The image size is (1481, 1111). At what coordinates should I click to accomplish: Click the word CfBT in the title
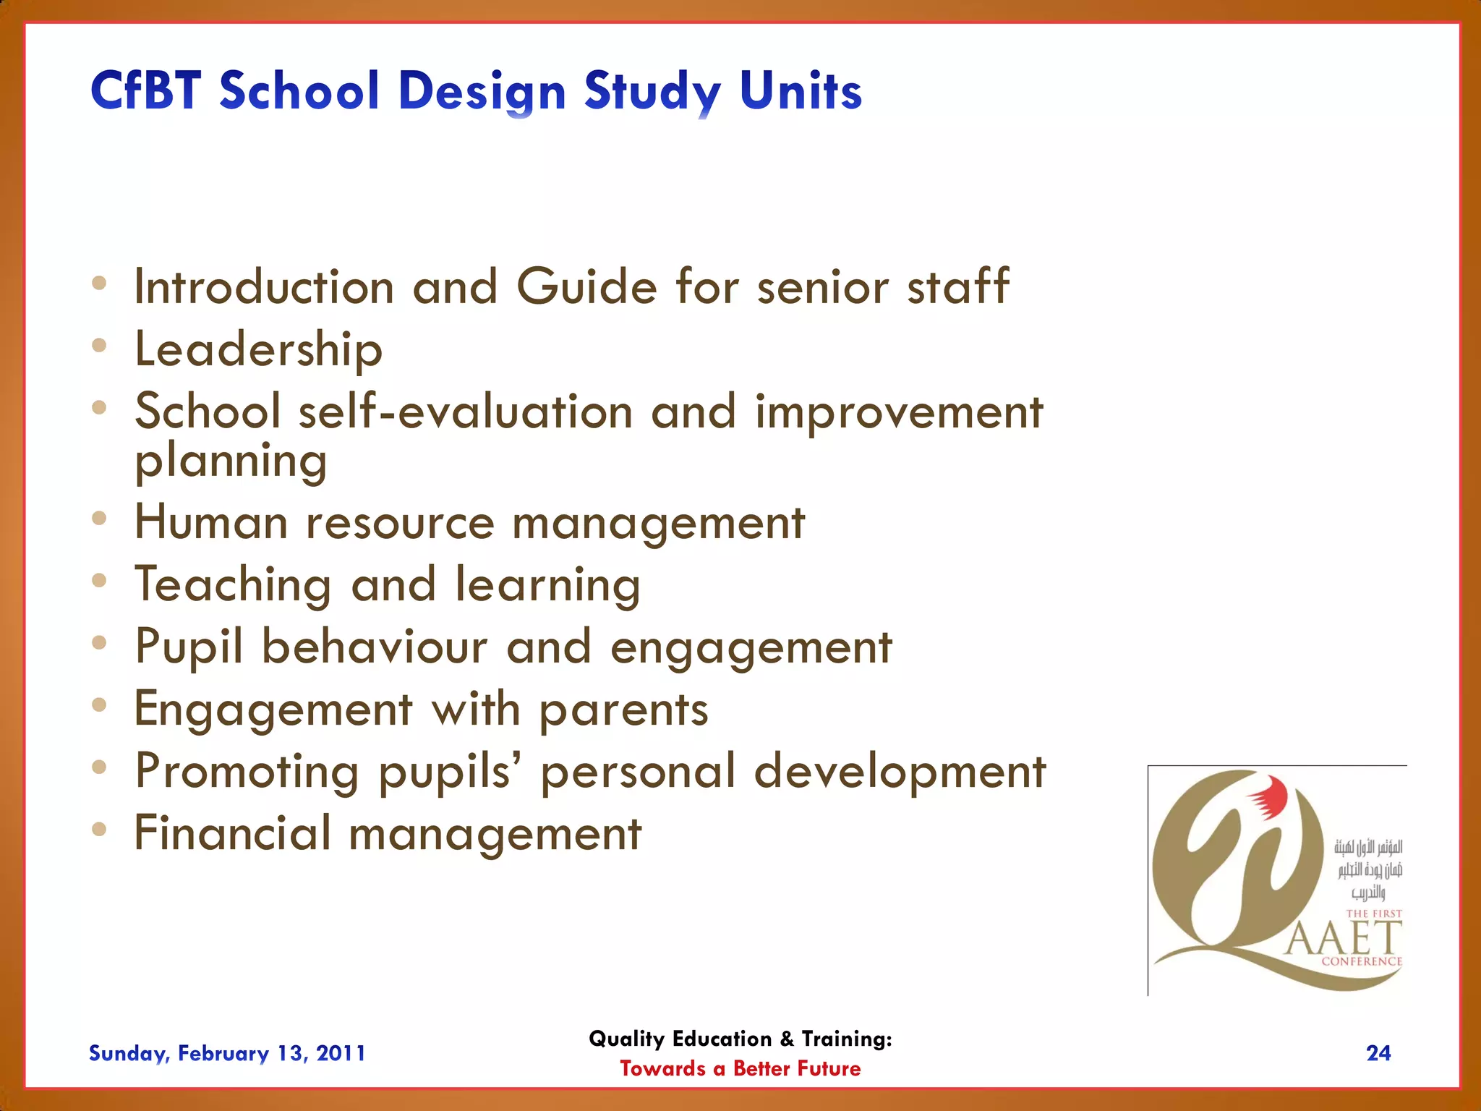pos(145,91)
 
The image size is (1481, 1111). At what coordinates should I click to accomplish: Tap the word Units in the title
pos(801,91)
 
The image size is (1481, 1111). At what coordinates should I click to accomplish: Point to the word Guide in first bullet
pos(586,287)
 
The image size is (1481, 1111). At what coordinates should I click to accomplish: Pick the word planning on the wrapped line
pos(231,461)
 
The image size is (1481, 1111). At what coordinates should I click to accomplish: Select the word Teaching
pos(233,585)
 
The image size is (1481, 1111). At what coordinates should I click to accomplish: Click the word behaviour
pos(375,647)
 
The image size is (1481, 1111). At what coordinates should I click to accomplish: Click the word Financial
pos(232,833)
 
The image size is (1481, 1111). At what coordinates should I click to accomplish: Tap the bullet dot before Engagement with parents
pos(100,705)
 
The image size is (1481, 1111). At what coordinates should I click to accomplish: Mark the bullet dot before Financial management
pos(100,829)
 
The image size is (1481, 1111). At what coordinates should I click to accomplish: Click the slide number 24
pos(1378,1053)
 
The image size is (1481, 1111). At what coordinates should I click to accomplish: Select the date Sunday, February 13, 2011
pos(227,1053)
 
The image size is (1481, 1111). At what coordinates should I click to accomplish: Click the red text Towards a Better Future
pos(740,1069)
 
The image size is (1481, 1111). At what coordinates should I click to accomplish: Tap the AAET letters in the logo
pos(1344,938)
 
